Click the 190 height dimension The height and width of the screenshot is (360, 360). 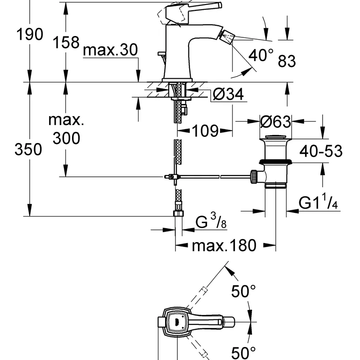[x=30, y=35]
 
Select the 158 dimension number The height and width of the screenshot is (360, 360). [x=66, y=42]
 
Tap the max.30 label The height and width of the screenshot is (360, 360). [x=110, y=49]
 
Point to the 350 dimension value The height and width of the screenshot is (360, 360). [x=28, y=149]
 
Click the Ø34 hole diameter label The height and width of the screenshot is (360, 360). [x=228, y=94]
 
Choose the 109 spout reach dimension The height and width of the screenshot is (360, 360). [x=205, y=131]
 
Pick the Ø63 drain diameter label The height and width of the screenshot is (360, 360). [x=275, y=121]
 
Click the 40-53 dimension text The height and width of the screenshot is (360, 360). [x=321, y=151]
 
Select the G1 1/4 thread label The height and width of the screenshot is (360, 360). [x=318, y=201]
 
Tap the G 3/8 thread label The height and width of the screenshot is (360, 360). [x=211, y=220]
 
